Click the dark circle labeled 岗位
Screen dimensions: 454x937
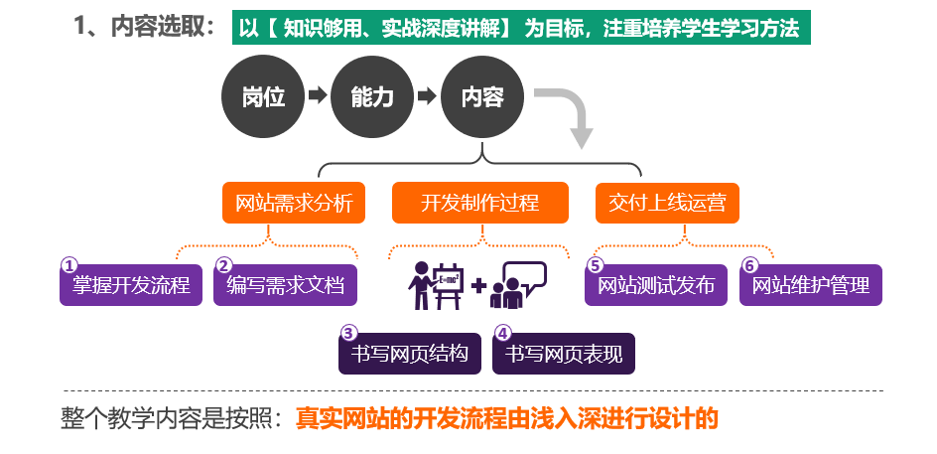(x=263, y=97)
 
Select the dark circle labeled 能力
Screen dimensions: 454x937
(x=372, y=97)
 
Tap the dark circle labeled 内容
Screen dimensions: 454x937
(x=482, y=97)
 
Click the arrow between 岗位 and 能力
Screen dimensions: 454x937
(x=318, y=96)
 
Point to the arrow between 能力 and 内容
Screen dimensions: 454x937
(x=427, y=96)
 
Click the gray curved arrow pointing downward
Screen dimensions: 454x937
(x=570, y=115)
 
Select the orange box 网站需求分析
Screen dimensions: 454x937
(x=294, y=204)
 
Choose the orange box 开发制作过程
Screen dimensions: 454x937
(x=480, y=204)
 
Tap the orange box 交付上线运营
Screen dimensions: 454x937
(x=667, y=204)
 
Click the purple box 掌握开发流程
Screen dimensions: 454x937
(x=132, y=286)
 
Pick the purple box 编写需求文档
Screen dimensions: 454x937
(x=286, y=286)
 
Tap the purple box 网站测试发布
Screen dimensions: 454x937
(x=656, y=286)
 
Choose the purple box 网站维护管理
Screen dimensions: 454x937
(x=811, y=286)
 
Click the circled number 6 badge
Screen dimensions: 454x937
(x=749, y=265)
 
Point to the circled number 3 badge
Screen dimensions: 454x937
(x=348, y=334)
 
